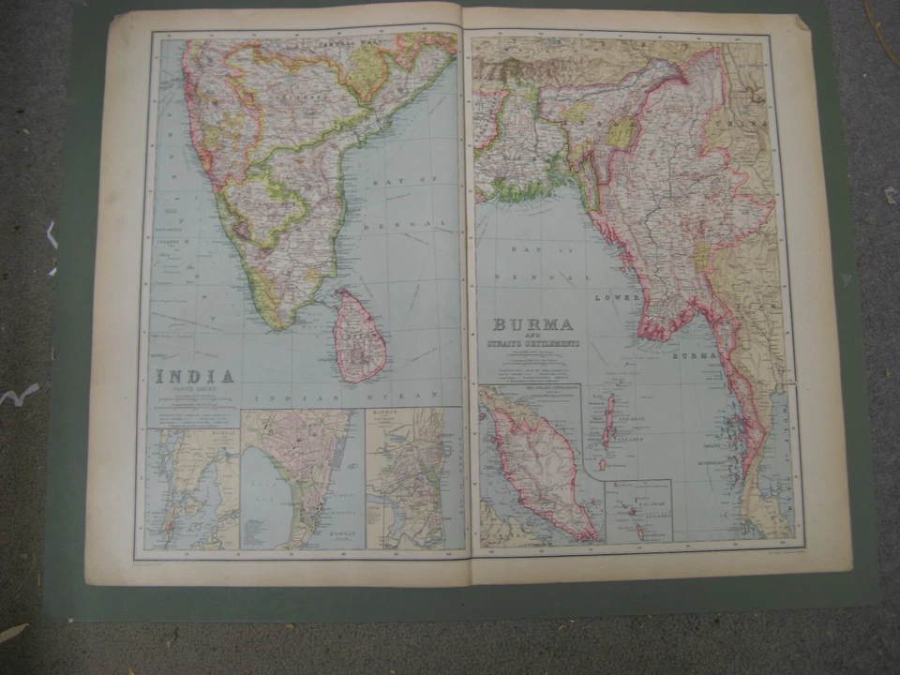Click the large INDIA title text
(194, 377)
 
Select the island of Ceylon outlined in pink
(359, 335)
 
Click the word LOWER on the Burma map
(616, 296)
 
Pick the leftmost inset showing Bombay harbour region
(193, 487)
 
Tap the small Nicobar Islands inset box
(637, 510)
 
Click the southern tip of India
(276, 323)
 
